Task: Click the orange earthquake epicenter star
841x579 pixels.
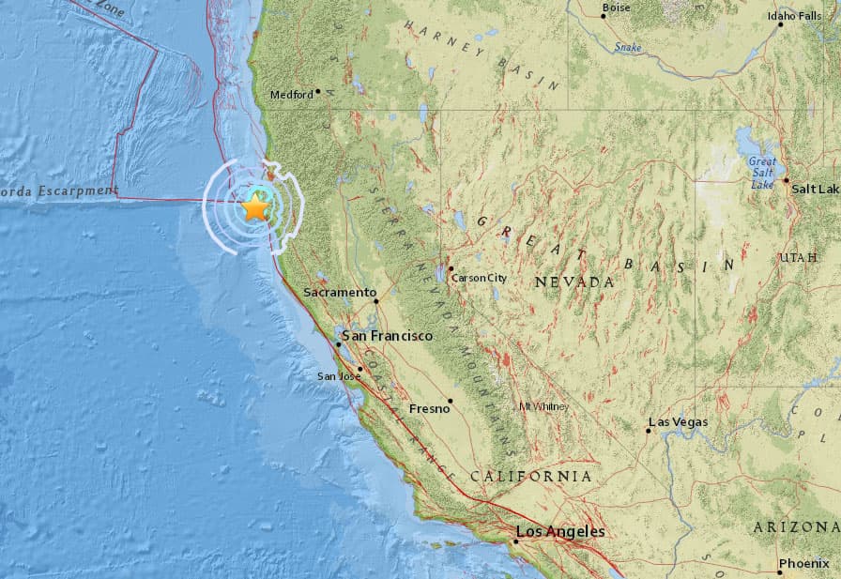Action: coord(255,207)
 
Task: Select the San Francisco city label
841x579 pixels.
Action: coord(387,336)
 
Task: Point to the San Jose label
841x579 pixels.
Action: coord(338,376)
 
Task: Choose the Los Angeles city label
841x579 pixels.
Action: coord(560,532)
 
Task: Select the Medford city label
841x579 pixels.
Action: coord(291,94)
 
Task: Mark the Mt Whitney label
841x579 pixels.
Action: coord(543,406)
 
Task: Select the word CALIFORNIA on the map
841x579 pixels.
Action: coord(531,477)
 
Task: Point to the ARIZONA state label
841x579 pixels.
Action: coord(796,527)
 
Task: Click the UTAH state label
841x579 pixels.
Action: coord(799,257)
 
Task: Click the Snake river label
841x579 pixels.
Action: coord(627,46)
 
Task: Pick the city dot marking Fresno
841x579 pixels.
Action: coord(451,402)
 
